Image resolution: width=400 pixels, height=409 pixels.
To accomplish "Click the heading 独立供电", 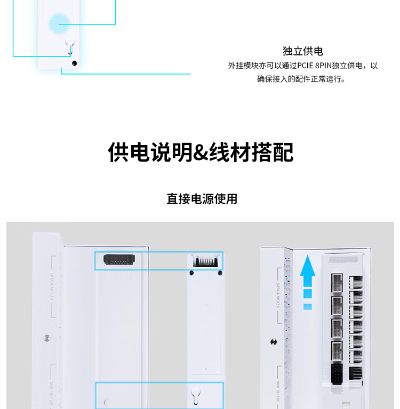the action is (x=303, y=51).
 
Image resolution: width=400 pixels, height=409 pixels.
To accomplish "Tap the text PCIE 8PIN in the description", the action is (x=314, y=66).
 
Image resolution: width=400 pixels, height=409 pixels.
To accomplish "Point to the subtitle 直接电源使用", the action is (x=202, y=199).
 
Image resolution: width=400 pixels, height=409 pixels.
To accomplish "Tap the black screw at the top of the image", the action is (x=74, y=63).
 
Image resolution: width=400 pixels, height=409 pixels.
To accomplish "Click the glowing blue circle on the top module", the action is (x=59, y=23).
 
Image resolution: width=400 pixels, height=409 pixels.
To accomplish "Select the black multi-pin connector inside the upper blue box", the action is (x=119, y=259).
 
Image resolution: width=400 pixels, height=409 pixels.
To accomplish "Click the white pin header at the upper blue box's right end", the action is (x=205, y=261).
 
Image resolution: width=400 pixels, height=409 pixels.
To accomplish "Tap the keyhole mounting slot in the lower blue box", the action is (x=195, y=394).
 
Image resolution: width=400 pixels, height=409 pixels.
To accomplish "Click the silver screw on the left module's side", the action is (x=47, y=338).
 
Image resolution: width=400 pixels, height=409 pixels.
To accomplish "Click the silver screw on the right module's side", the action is (x=274, y=342).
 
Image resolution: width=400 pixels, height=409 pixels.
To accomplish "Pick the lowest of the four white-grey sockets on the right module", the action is (x=338, y=351).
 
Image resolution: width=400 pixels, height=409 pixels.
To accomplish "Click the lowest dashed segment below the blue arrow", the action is (x=307, y=307).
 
